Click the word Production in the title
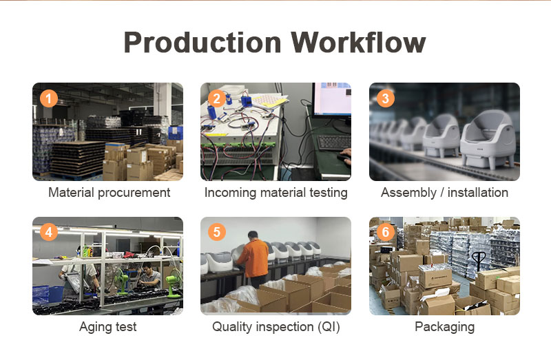(x=202, y=43)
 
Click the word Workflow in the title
(x=358, y=42)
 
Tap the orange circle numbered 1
(x=48, y=98)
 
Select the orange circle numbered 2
(x=217, y=98)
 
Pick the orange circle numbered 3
(x=385, y=98)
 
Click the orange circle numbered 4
(x=48, y=232)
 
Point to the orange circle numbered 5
(x=217, y=232)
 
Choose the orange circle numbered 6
(x=385, y=232)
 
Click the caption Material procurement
(x=110, y=193)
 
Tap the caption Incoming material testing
(x=276, y=193)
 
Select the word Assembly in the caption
(x=408, y=193)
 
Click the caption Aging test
(x=108, y=327)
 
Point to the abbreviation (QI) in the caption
(x=329, y=327)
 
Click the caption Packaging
(x=444, y=327)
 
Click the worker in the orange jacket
(x=253, y=260)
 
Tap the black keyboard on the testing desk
(x=334, y=142)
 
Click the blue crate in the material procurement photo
(x=176, y=133)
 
